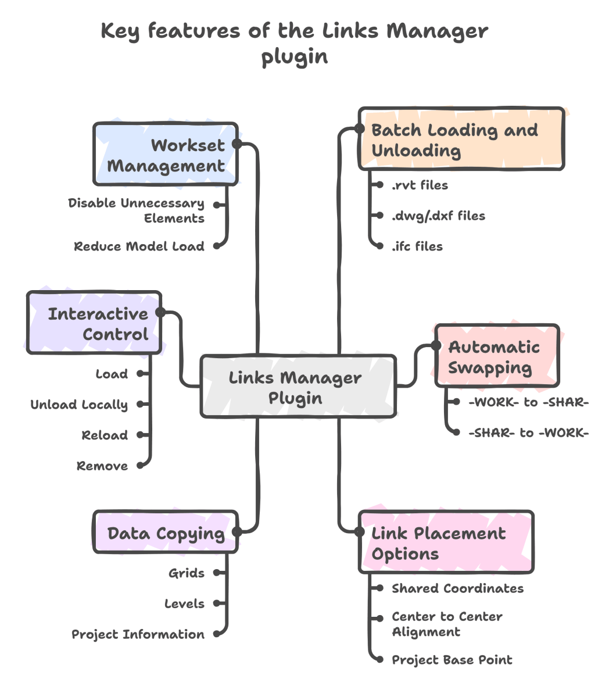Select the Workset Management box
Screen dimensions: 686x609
pyautogui.click(x=166, y=155)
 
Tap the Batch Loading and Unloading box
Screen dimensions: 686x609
pyautogui.click(x=461, y=140)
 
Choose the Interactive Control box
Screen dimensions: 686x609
pyautogui.click(x=94, y=323)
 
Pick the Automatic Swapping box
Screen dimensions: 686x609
pyautogui.click(x=497, y=356)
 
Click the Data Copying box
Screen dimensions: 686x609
pyautogui.click(x=166, y=533)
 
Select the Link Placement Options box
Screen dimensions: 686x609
pyautogui.click(x=446, y=542)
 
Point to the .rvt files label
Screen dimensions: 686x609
pyautogui.click(x=420, y=185)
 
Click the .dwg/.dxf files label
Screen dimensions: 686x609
pyautogui.click(x=438, y=216)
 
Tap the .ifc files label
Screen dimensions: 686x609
pyautogui.click(x=417, y=246)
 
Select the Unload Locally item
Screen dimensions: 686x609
pyautogui.click(x=79, y=405)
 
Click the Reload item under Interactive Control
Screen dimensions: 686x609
pyautogui.click(x=105, y=435)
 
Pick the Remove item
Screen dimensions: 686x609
pyautogui.click(x=102, y=466)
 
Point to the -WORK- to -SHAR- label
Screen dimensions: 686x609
pyautogui.click(x=528, y=402)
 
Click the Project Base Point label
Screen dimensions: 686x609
pyautogui.click(x=452, y=660)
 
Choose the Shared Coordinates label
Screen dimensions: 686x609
pyautogui.click(x=457, y=588)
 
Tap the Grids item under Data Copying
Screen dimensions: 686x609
pyautogui.click(x=187, y=573)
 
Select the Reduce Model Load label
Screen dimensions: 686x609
pyautogui.click(x=139, y=246)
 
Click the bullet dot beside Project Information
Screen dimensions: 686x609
pyautogui.click(x=217, y=634)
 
